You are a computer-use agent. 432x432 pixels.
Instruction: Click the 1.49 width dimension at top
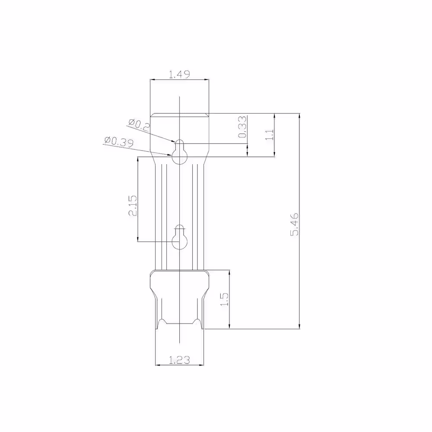point(179,74)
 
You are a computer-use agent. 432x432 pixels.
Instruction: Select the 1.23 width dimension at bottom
point(179,360)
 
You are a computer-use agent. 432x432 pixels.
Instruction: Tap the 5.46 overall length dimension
point(295,224)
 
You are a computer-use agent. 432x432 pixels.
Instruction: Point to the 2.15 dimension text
point(133,206)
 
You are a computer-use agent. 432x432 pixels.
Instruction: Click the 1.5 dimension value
point(225,299)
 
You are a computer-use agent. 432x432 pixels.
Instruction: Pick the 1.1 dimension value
point(270,135)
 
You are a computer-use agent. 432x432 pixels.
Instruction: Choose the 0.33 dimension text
point(242,127)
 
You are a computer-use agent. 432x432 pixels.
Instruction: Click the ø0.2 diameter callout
point(139,124)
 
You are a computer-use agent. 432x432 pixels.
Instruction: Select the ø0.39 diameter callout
point(119,142)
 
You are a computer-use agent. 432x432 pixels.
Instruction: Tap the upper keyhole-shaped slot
point(180,152)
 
